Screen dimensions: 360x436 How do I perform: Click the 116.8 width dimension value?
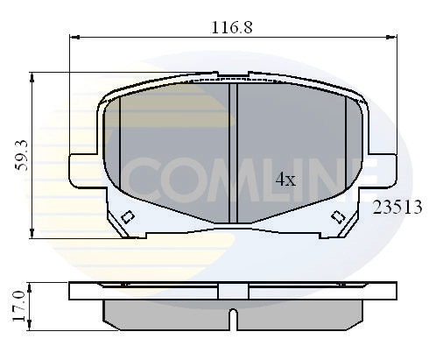coord(231,26)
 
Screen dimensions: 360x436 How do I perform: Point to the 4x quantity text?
coord(285,180)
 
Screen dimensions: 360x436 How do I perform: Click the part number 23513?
coord(398,208)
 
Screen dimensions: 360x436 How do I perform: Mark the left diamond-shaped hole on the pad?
coord(128,218)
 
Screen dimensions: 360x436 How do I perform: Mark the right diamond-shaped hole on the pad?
coord(337,218)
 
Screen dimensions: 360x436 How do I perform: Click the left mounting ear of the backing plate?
coord(80,166)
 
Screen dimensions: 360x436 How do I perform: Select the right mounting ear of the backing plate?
coord(385,166)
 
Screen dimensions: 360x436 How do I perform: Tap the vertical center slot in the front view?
coord(233,153)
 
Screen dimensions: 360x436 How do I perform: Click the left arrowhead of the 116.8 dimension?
coord(73,38)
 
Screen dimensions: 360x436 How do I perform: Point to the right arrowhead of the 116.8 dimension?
coord(391,38)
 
